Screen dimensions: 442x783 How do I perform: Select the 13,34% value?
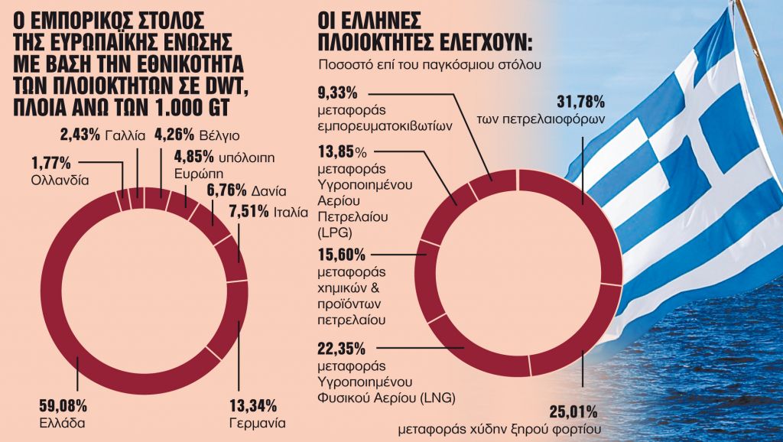tap(253, 405)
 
